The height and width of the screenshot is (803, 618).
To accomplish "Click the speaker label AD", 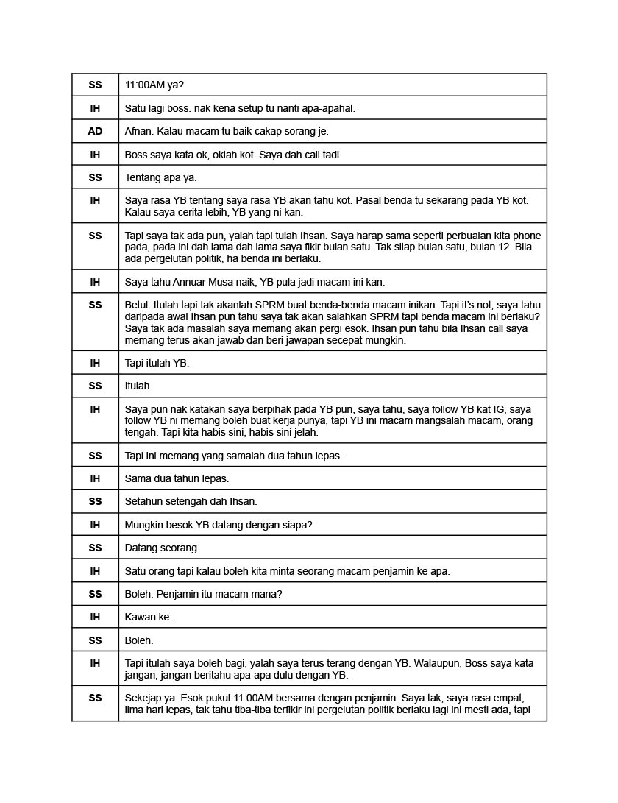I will [x=95, y=131].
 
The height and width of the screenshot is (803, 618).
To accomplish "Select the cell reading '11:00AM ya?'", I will [x=154, y=85].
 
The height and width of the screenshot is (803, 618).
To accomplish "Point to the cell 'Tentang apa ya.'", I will [x=161, y=177].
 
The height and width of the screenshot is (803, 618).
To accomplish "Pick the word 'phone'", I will [x=526, y=236].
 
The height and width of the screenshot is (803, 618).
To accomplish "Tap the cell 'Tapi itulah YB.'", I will [x=157, y=363].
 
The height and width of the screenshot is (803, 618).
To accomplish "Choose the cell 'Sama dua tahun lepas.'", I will [x=177, y=478].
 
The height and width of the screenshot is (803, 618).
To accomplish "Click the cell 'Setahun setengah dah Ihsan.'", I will [x=191, y=501].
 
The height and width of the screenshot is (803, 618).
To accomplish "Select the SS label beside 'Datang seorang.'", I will [x=95, y=548].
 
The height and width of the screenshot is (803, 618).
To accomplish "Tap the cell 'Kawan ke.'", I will [x=149, y=617].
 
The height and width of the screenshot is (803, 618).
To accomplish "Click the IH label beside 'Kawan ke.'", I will [x=95, y=617].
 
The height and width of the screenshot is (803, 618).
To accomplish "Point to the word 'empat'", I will [x=510, y=698].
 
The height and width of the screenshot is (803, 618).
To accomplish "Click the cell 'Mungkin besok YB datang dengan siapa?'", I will [x=219, y=525].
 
